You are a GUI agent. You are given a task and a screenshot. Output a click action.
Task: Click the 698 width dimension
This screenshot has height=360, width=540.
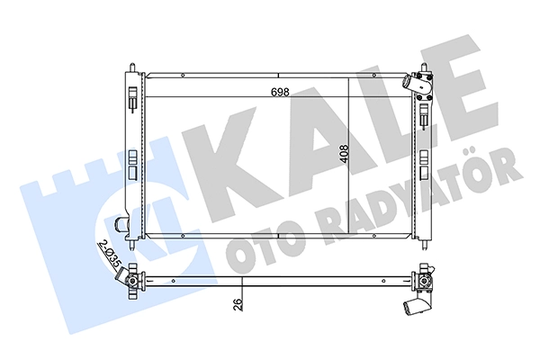point(280,93)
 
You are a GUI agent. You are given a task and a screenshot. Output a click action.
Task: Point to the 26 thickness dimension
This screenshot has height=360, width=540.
point(238,304)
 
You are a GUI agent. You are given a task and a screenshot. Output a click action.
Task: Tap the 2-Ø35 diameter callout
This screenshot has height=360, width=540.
point(109,255)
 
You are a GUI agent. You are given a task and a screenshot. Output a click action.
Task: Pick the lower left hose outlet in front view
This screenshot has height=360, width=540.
point(121,225)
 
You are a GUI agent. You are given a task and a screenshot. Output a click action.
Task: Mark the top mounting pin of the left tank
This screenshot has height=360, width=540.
point(132,67)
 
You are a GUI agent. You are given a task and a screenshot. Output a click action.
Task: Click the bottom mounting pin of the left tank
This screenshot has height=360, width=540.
point(132,244)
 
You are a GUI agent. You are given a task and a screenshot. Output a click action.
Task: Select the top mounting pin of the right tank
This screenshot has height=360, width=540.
point(424,67)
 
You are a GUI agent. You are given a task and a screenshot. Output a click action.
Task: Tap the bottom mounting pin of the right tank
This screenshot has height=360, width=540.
point(426,244)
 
